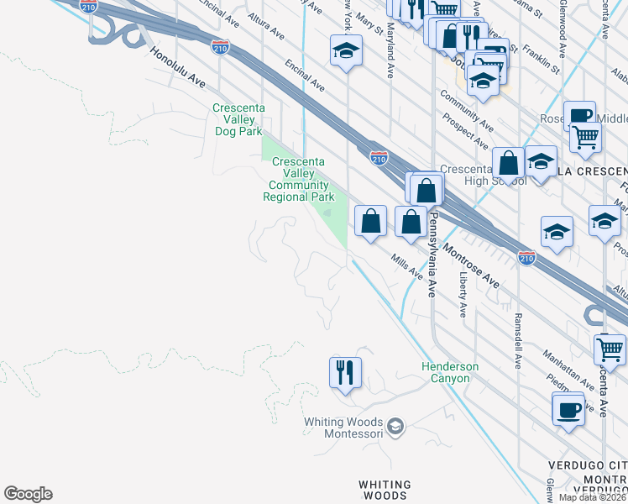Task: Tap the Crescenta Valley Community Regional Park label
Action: (298, 179)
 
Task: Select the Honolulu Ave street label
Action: (178, 67)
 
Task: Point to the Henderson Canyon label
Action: (450, 373)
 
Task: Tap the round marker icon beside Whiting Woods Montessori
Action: (397, 427)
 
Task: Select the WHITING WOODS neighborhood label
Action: (385, 491)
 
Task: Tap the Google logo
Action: (28, 494)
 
